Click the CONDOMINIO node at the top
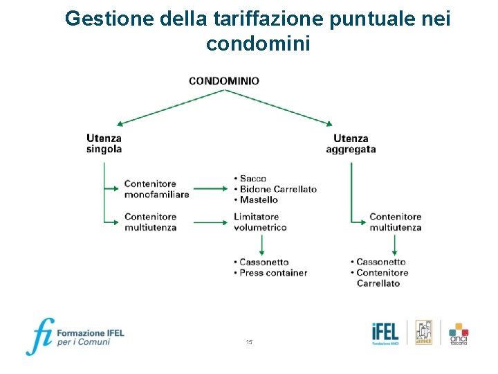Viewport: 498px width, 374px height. pyautogui.click(x=224, y=81)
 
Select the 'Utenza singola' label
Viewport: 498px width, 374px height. pyautogui.click(x=104, y=143)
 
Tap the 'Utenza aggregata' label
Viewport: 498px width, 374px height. pyautogui.click(x=351, y=143)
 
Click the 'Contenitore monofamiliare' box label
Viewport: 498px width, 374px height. pyautogui.click(x=156, y=189)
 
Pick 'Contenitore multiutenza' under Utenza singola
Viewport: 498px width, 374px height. pyautogui.click(x=150, y=222)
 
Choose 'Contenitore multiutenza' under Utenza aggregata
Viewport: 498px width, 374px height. pyautogui.click(x=395, y=222)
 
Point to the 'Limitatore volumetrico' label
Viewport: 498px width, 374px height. pyautogui.click(x=260, y=222)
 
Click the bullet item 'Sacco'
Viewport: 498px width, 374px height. pyautogui.click(x=252, y=179)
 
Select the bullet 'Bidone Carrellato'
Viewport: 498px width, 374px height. pyautogui.click(x=277, y=189)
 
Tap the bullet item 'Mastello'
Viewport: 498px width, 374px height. pyautogui.click(x=258, y=199)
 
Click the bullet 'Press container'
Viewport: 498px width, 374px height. pyautogui.click(x=273, y=273)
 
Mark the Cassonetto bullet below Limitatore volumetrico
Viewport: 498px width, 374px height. pyautogui.click(x=264, y=262)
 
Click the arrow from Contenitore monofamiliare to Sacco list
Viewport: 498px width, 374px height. pyautogui.click(x=211, y=188)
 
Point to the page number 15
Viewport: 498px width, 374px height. pyautogui.click(x=249, y=343)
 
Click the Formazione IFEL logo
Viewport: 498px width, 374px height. pyautogui.click(x=75, y=336)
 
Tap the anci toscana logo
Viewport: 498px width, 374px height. pyautogui.click(x=459, y=334)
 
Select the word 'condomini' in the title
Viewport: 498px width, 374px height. pyautogui.click(x=258, y=44)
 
